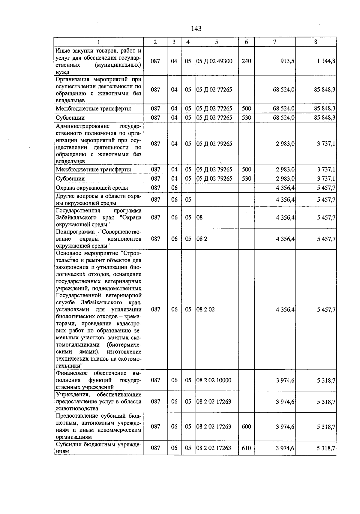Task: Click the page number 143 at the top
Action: pyautogui.click(x=196, y=29)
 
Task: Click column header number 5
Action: pyautogui.click(x=217, y=42)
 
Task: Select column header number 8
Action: pyautogui.click(x=316, y=42)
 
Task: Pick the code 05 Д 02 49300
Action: pyautogui.click(x=214, y=61)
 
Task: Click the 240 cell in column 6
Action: pyautogui.click(x=246, y=61)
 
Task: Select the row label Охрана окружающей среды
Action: pyautogui.click(x=92, y=188)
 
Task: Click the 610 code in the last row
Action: pyautogui.click(x=246, y=448)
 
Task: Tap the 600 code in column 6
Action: pyautogui.click(x=246, y=426)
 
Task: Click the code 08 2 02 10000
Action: pyautogui.click(x=214, y=380)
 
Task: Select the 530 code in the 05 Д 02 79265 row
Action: pyautogui.click(x=246, y=179)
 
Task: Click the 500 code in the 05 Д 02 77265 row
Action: pyautogui.click(x=246, y=109)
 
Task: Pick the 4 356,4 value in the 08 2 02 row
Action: pyautogui.click(x=285, y=310)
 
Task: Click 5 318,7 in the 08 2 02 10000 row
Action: pyautogui.click(x=326, y=380)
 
